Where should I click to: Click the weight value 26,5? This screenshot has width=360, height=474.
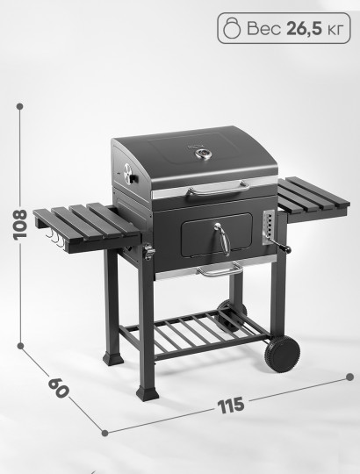tap(304, 29)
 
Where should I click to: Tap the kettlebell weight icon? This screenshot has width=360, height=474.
tap(232, 28)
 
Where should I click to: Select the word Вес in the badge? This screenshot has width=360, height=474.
tap(264, 29)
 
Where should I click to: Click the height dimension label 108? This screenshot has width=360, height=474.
tap(20, 225)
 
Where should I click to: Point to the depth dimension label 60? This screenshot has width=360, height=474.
tap(58, 388)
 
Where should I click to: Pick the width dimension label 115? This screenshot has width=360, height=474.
tap(231, 406)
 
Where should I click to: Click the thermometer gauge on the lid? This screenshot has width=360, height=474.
tap(203, 154)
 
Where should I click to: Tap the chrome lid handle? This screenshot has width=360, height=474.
tap(219, 188)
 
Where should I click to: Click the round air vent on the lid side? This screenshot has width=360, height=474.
tap(130, 174)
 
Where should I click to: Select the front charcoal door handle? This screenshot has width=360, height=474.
tap(223, 239)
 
